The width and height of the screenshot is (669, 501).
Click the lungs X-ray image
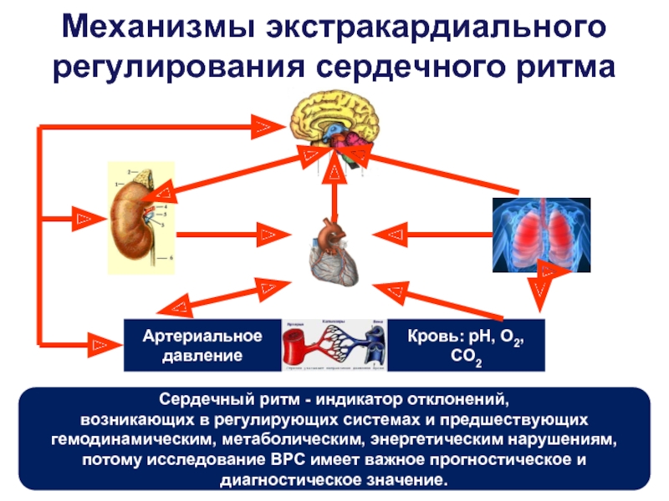[x=540, y=234]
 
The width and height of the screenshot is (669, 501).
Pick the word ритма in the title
[x=566, y=66]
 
